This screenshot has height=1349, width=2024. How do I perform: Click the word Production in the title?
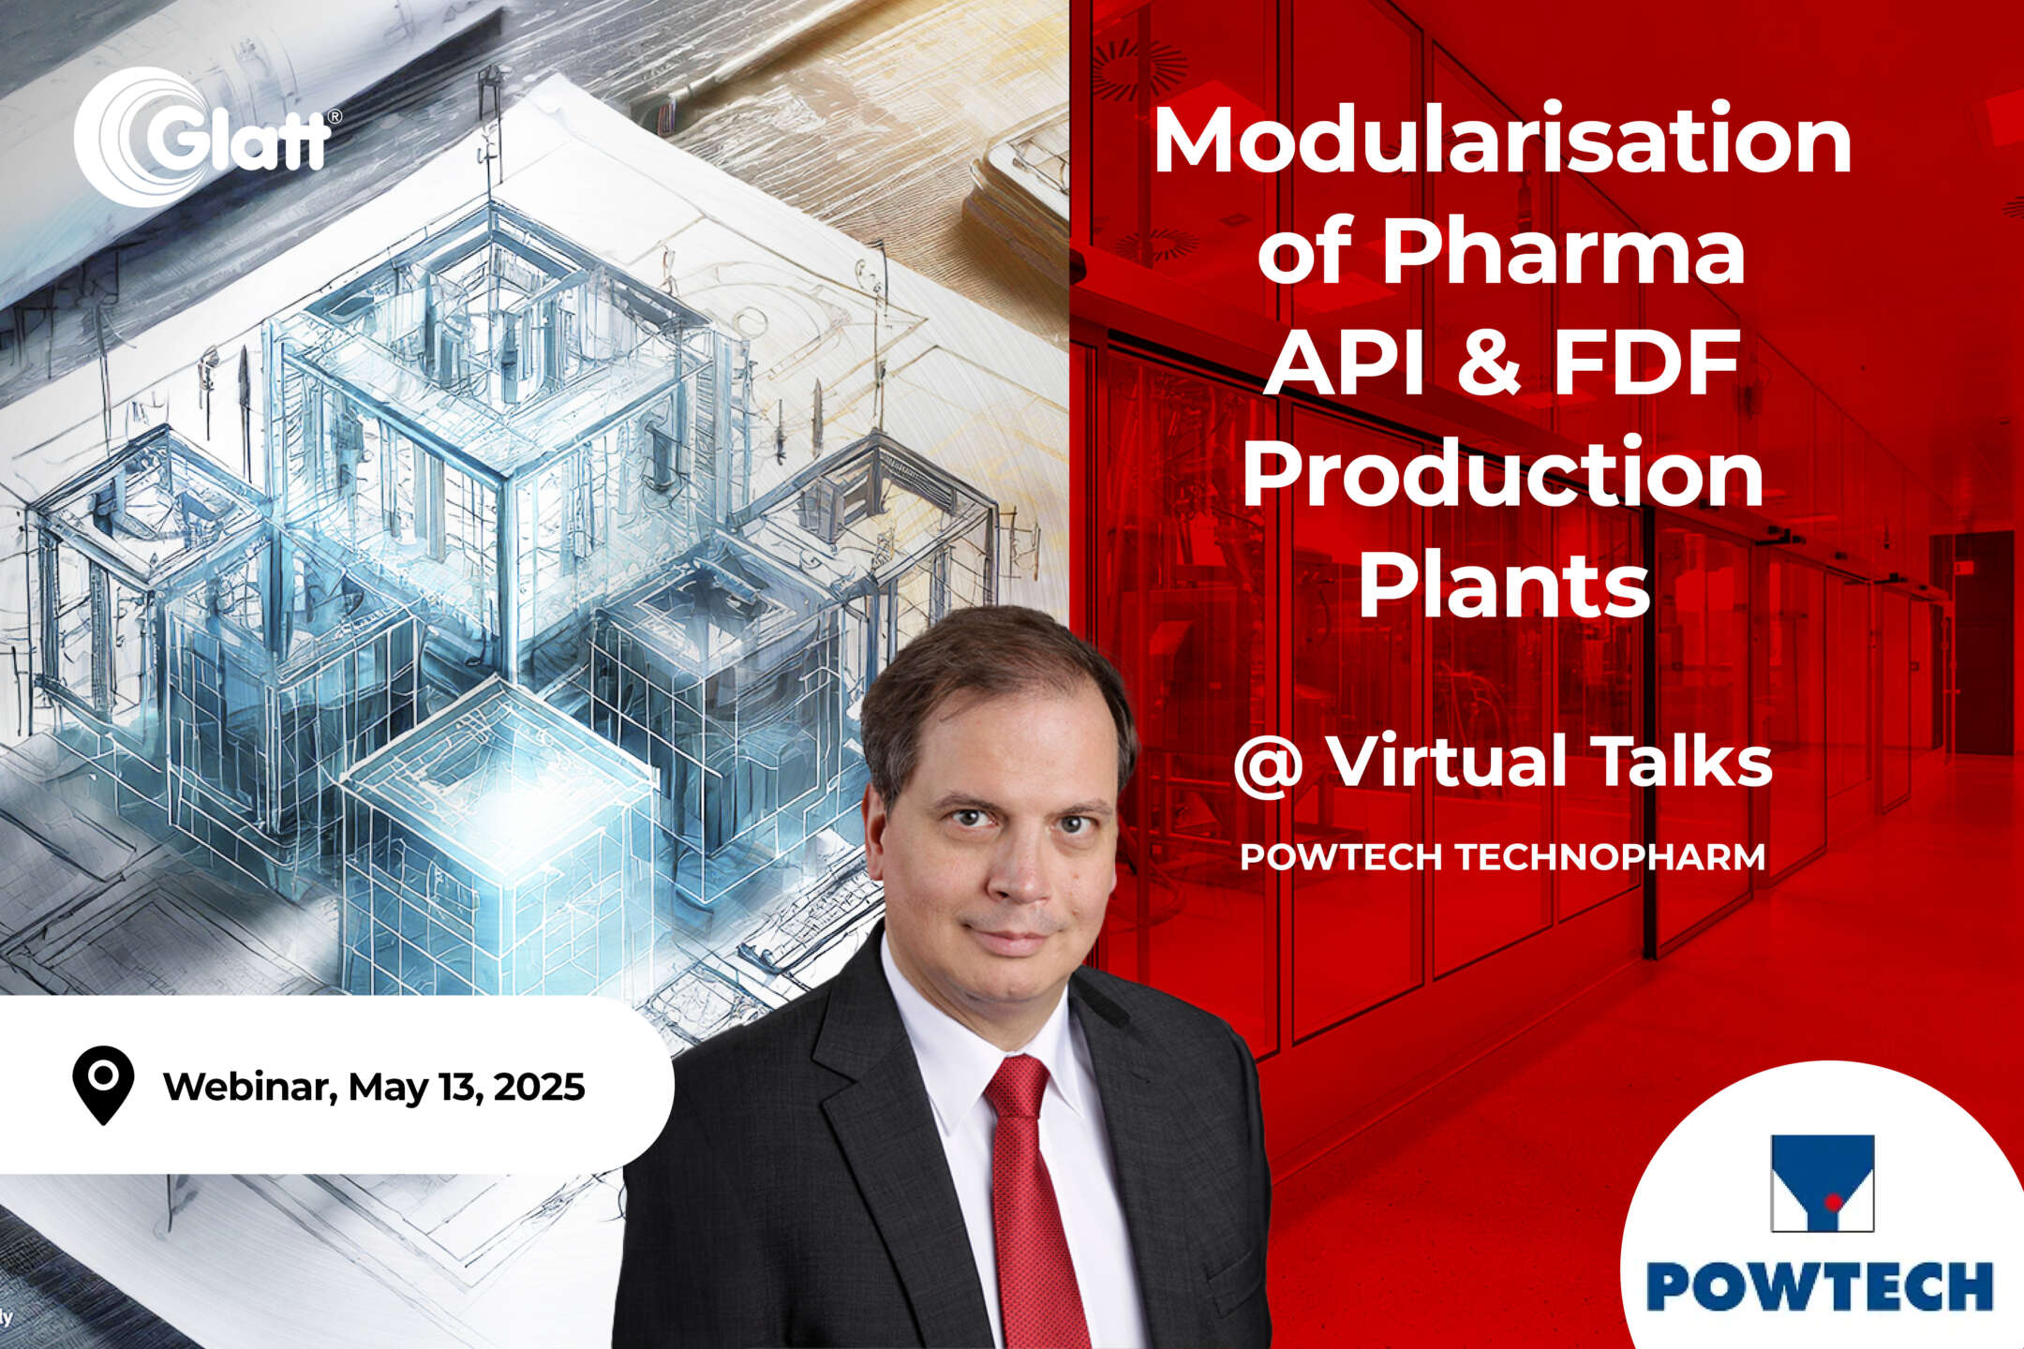(1503, 473)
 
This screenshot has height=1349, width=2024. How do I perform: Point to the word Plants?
(1504, 585)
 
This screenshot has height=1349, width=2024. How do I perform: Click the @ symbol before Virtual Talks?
(1269, 764)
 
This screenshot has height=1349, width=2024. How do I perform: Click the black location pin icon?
(103, 1084)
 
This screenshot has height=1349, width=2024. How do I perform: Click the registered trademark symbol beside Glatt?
(334, 117)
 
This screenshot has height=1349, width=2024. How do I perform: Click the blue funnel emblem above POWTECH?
(1822, 1182)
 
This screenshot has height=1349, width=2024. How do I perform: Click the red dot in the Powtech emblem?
(1833, 1201)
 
